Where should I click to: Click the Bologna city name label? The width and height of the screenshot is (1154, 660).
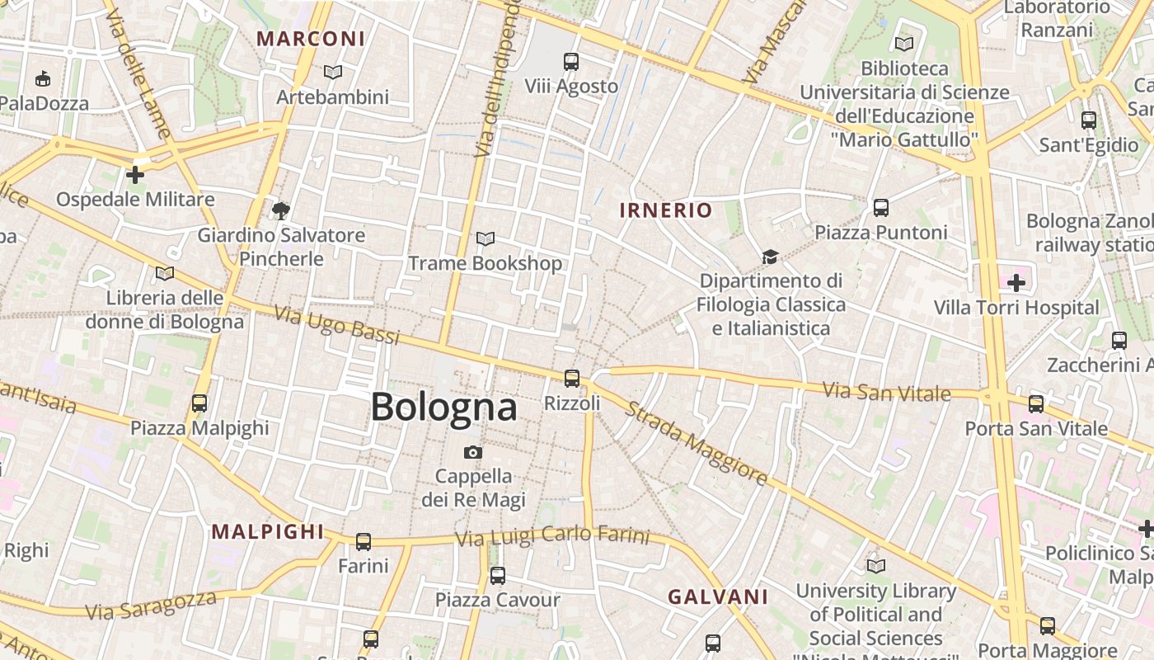(443, 408)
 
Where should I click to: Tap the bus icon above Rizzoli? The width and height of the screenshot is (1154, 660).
(571, 379)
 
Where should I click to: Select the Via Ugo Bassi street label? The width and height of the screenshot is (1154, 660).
(336, 325)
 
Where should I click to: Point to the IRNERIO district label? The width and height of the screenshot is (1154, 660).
(665, 210)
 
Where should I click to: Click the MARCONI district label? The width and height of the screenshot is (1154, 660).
(310, 39)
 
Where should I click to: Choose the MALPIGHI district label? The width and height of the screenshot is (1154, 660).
(268, 532)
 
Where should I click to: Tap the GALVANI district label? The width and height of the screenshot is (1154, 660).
(717, 596)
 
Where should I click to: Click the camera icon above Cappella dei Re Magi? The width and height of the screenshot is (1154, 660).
(473, 452)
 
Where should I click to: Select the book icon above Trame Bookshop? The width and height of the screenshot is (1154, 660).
(486, 239)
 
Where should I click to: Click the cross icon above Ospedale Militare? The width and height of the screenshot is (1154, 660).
(135, 175)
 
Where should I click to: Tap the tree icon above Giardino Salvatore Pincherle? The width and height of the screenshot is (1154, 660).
(280, 210)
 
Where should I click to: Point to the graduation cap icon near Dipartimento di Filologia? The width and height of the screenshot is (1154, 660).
(770, 257)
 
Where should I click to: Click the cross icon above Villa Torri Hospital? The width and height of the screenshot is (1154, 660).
(1016, 283)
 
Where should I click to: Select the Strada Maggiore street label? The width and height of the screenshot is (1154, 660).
(697, 442)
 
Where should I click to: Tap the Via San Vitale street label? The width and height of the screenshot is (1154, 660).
(887, 391)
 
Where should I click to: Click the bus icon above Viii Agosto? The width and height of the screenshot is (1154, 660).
(571, 61)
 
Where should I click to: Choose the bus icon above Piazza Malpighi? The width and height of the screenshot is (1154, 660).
(199, 403)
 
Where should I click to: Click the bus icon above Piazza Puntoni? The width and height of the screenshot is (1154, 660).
(881, 207)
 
